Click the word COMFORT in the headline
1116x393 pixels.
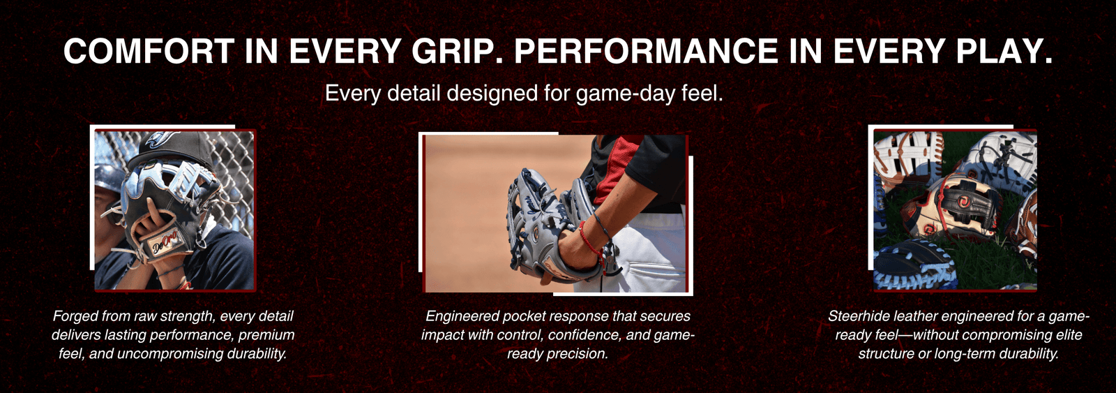[x=149, y=51]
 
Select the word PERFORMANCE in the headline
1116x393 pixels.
[x=646, y=51]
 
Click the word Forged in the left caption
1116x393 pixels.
[x=75, y=316]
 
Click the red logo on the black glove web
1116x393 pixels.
[x=963, y=200]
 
